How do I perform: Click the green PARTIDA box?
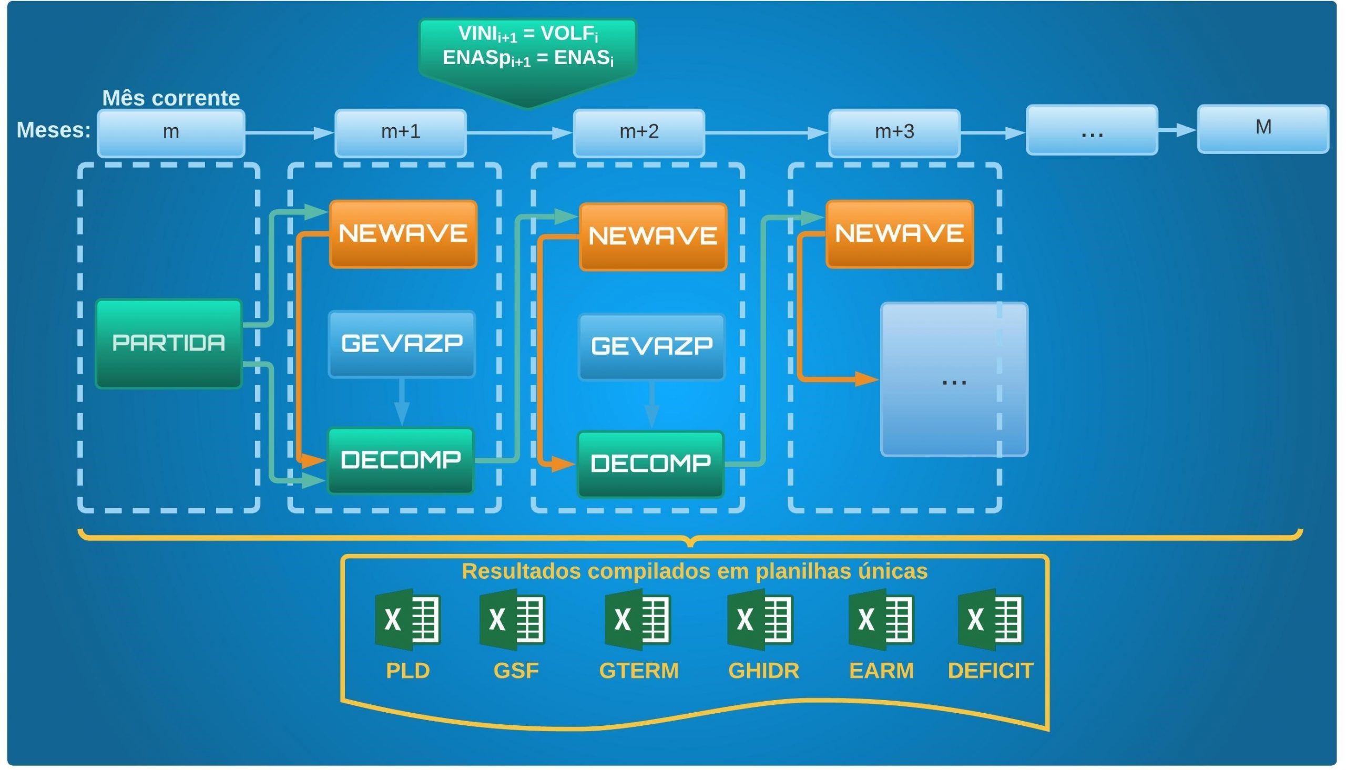169,344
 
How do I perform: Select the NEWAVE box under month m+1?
403,234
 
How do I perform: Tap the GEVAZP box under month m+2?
651,347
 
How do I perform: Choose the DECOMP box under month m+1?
401,460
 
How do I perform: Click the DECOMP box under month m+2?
650,464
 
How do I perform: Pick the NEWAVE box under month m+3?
899,234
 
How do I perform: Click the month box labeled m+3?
894,132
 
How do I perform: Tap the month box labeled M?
1263,129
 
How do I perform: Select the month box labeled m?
171,132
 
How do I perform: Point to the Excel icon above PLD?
408,620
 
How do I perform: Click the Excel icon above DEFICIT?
991,620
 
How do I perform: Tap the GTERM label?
639,671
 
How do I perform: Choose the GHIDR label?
764,671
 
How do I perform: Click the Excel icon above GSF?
513,620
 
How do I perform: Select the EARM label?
881,671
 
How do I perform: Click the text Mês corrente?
171,98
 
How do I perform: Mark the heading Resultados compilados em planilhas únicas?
695,572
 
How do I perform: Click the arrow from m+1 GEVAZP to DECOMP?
402,402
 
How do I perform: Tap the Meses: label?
54,130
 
